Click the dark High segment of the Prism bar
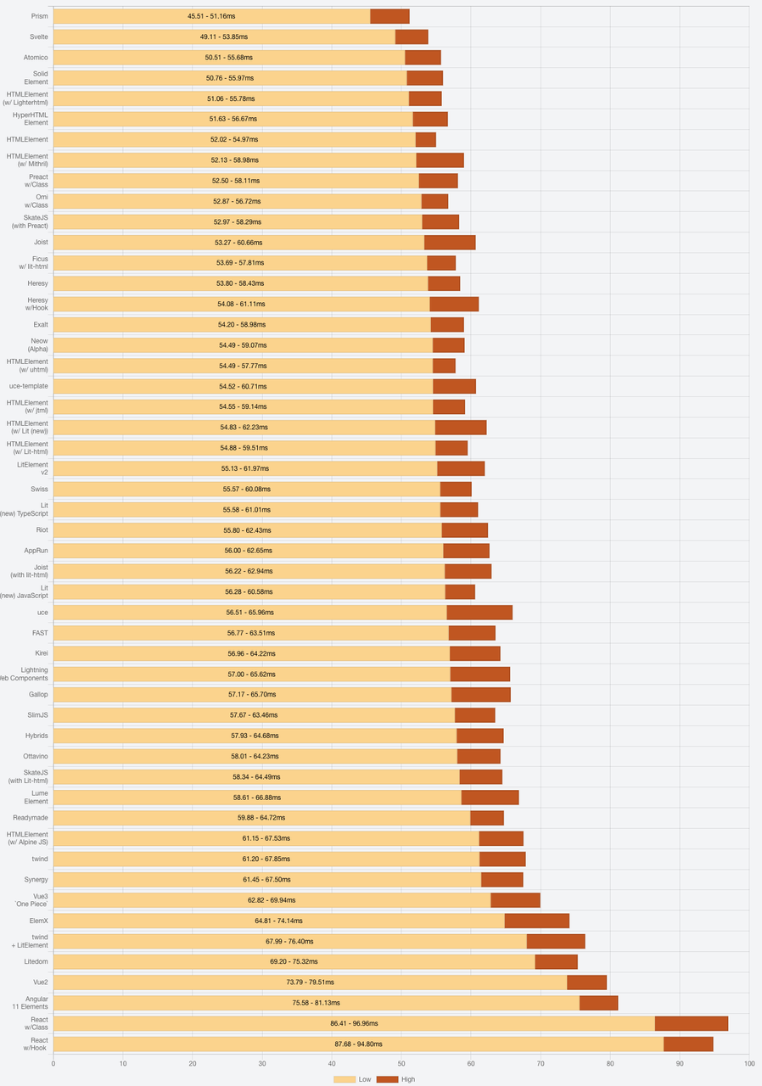coord(389,16)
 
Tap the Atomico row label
coord(36,57)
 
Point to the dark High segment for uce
coord(479,613)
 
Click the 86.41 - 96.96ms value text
coord(354,1023)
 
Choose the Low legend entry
coord(353,1079)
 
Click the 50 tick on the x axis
coord(401,1063)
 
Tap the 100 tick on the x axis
coord(748,1063)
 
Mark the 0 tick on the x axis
coord(53,1063)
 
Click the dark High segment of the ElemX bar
coord(536,921)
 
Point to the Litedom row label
coord(36,961)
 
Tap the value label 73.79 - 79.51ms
coord(310,982)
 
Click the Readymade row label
coord(31,818)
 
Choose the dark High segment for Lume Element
coord(490,798)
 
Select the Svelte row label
coord(39,36)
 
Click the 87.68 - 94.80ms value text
coord(358,1044)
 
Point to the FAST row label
coord(40,633)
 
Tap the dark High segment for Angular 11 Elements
coord(598,1003)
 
